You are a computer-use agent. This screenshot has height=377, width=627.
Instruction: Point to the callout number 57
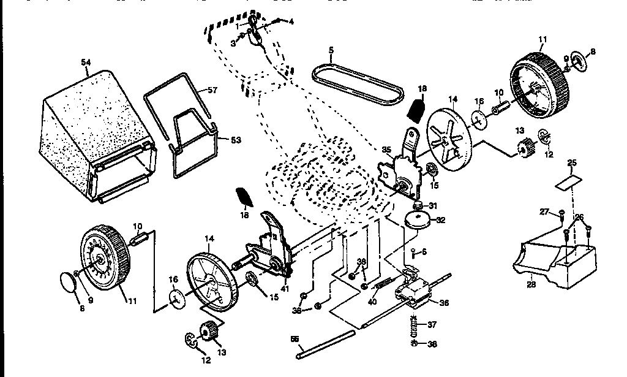click(212, 90)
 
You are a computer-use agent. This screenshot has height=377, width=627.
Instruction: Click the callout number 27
click(544, 211)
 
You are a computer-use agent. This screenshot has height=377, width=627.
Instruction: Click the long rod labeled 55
click(325, 343)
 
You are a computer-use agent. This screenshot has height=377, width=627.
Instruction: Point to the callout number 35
click(386, 148)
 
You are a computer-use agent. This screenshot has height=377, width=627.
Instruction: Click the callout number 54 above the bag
click(86, 62)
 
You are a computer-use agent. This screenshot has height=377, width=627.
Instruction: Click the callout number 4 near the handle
click(291, 21)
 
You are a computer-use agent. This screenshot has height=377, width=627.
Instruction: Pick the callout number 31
click(434, 205)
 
